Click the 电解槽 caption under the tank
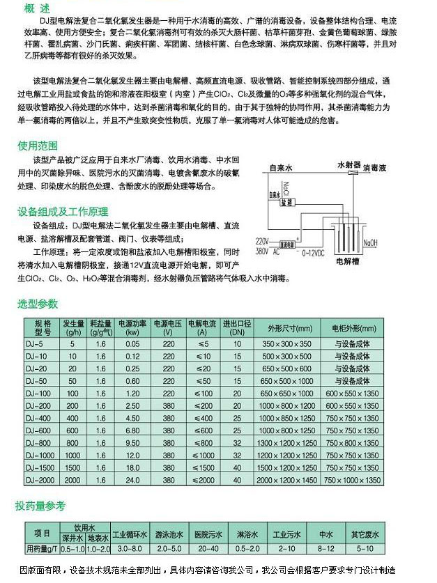click(347, 261)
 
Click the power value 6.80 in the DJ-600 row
click(132, 430)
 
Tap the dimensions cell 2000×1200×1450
click(288, 480)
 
